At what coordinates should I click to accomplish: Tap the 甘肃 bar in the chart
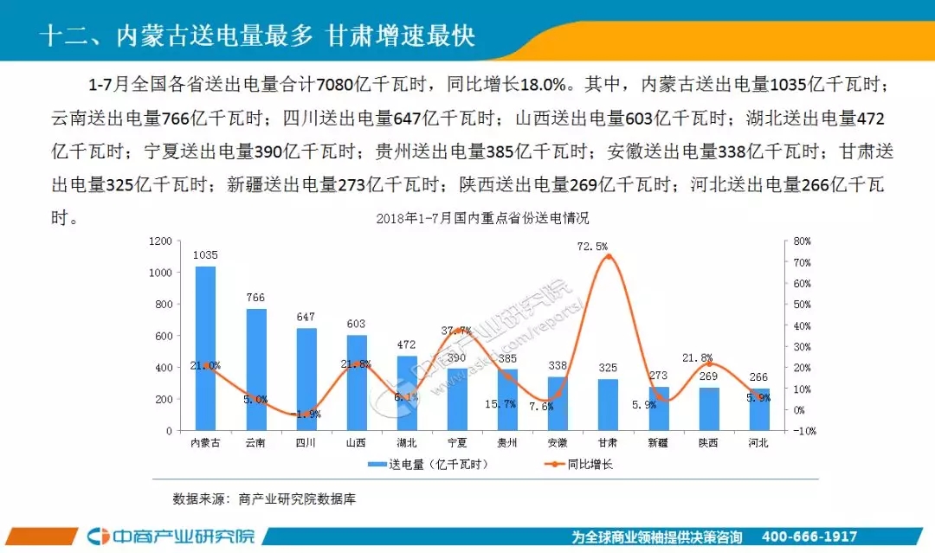tap(608, 404)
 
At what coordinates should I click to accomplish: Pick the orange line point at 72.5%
tap(608, 257)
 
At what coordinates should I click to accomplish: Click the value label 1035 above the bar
tap(205, 255)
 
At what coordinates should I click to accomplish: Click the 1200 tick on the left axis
tap(160, 241)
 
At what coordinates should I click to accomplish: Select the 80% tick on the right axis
tap(801, 241)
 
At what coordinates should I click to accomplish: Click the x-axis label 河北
tap(759, 443)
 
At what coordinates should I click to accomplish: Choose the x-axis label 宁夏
tap(457, 443)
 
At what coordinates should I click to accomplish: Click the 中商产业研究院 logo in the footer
tap(173, 537)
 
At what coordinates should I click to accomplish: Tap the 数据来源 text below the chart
tap(264, 499)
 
